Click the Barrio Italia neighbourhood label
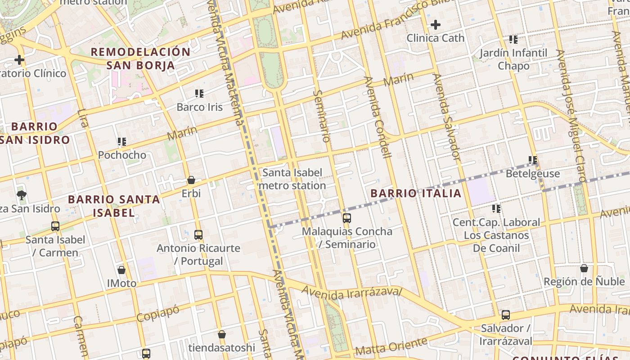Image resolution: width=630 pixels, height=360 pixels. tap(416, 193)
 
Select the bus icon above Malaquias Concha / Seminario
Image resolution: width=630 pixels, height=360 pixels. tap(346, 218)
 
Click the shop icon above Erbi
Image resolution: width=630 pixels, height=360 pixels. tap(191, 180)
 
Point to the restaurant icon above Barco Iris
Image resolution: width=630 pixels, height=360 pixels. tap(199, 94)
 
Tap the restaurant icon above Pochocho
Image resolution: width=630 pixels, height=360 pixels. tap(121, 142)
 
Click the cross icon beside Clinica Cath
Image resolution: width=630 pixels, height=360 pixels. tap(435, 25)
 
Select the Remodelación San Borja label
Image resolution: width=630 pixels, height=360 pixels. tap(140, 58)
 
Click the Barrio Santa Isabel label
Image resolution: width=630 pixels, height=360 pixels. tap(114, 206)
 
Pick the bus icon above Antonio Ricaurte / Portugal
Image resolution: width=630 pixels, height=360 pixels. tap(198, 234)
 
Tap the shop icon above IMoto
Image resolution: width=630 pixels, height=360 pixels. tap(121, 270)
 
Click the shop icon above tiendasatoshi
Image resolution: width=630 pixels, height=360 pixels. tap(221, 334)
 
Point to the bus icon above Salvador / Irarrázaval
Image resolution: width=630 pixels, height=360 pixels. tap(506, 315)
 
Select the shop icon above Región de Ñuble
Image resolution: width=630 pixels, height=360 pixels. tap(584, 268)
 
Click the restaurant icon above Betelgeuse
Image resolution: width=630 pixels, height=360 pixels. tap(533, 160)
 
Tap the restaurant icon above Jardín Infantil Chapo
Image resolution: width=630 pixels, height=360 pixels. tap(513, 40)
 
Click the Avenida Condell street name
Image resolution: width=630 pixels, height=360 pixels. tap(378, 117)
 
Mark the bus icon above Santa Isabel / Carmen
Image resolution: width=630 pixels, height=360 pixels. tap(55, 226)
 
